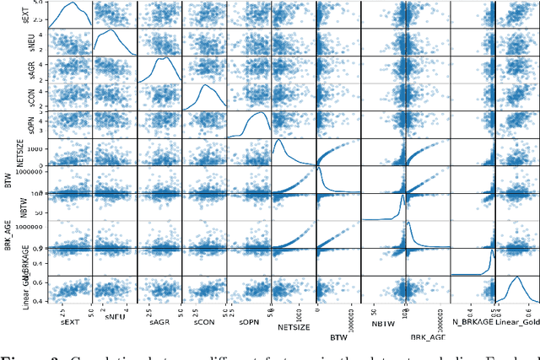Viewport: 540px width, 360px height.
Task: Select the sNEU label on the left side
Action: (9, 41)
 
